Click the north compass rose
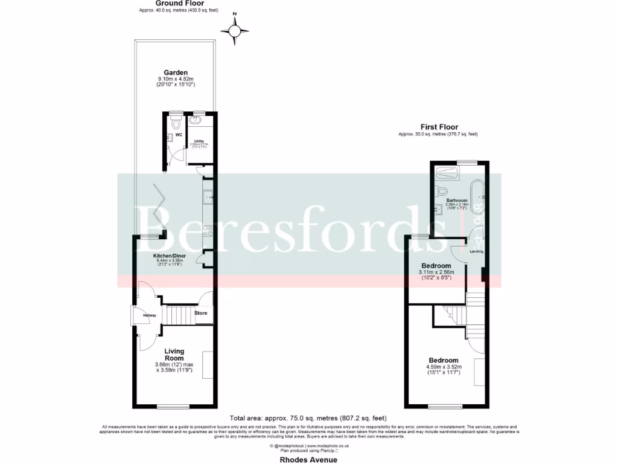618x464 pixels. [x=235, y=30]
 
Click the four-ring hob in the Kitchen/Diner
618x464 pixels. [x=208, y=230]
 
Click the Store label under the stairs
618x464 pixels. [x=200, y=313]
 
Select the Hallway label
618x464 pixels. [x=149, y=315]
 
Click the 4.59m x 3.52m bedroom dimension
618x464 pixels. [x=444, y=367]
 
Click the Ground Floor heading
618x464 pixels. [x=174, y=4]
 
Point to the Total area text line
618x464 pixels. [x=308, y=418]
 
